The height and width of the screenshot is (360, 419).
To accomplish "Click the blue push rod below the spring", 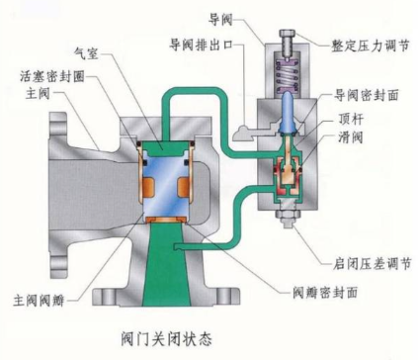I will coord(287,109).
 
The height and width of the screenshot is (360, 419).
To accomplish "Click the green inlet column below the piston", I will coord(160,267).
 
